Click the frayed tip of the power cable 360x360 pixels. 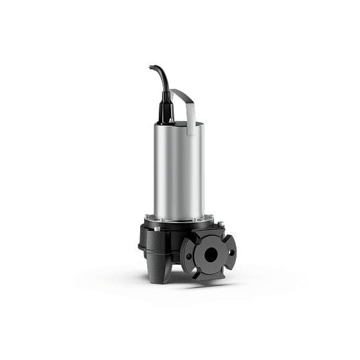click(150, 66)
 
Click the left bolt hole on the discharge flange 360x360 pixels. click(191, 253)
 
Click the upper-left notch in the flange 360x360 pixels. click(190, 239)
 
